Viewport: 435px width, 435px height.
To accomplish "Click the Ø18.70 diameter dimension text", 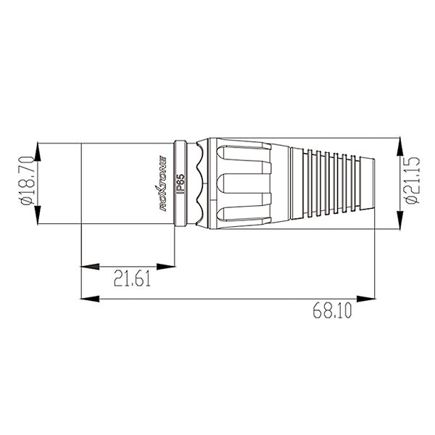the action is pos(28,181).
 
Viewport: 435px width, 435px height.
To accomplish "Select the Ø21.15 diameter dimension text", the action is pos(413,181).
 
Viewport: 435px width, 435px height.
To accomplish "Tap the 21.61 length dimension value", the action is pos(132,279).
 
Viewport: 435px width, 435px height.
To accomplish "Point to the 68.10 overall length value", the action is pos(332,310).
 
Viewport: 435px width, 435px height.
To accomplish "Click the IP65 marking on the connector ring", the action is pos(181,183).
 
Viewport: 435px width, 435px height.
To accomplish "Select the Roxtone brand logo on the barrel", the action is pos(160,183).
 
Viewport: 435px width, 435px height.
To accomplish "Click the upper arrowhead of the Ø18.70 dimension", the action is pos(38,152).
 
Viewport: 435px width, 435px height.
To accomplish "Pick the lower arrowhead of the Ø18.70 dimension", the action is pos(38,215).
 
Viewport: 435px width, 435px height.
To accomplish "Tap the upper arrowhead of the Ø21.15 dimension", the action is pos(399,146).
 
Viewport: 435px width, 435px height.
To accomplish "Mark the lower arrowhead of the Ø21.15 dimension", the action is pos(399,220).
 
